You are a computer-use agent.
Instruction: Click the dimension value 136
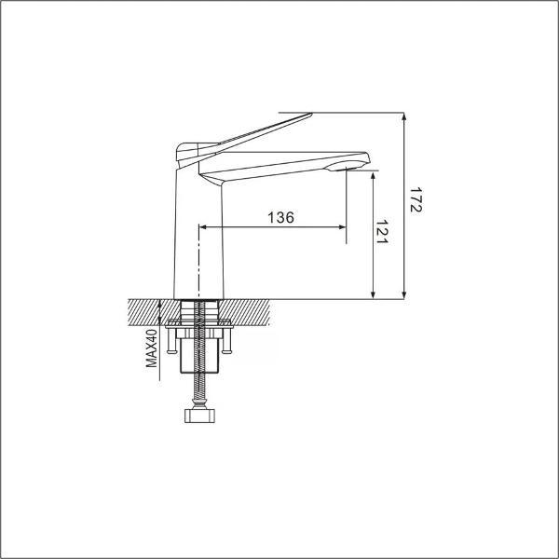tap(280, 217)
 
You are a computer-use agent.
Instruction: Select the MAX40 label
tap(151, 347)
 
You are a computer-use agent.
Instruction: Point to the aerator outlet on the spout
tap(351, 169)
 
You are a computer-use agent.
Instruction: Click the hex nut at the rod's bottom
tap(198, 413)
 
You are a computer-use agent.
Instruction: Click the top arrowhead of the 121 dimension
tap(373, 174)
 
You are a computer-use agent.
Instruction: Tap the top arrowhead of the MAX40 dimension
tap(160, 303)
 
